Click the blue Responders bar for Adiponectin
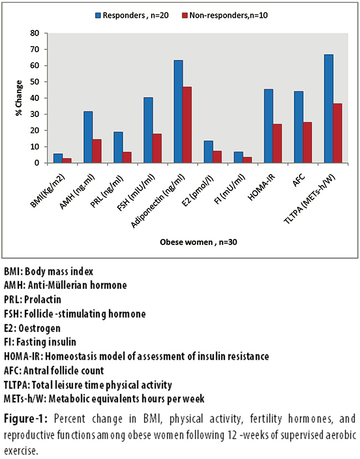(x=178, y=111)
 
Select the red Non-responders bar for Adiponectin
(x=187, y=125)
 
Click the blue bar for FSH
(x=148, y=130)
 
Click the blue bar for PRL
(x=118, y=147)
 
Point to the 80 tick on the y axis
(x=38, y=33)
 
